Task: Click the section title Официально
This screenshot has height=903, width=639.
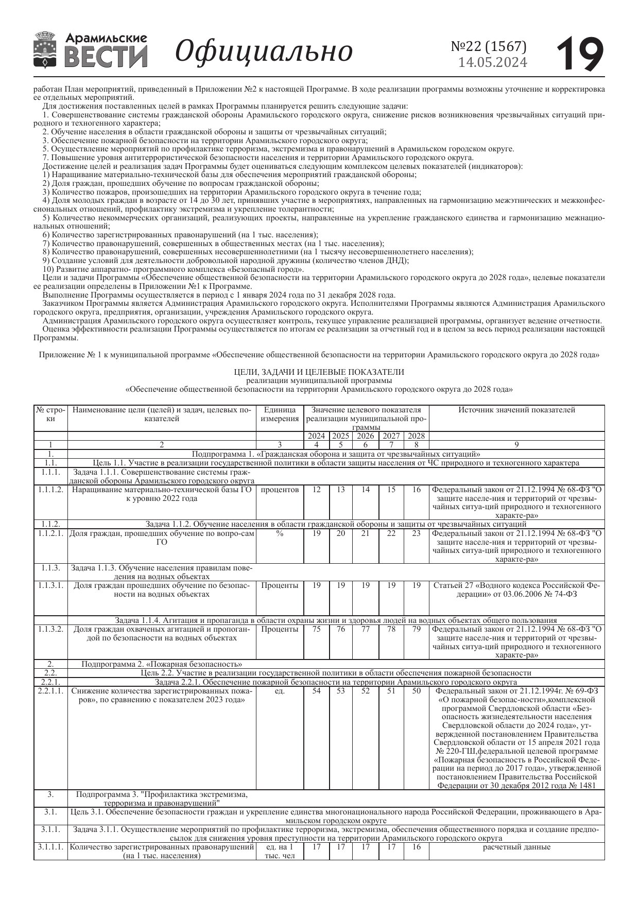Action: tap(264, 51)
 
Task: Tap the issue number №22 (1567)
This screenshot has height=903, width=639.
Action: tap(489, 46)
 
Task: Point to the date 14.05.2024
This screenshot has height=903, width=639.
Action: tap(493, 62)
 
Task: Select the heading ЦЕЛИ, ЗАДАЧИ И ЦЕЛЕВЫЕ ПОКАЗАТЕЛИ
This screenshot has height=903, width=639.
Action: tap(319, 372)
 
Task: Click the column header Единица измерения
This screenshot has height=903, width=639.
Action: tap(280, 414)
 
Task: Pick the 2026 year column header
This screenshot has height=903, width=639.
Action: tap(365, 436)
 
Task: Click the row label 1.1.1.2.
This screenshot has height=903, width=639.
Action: tap(50, 490)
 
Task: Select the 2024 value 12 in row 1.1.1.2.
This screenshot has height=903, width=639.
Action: tap(317, 490)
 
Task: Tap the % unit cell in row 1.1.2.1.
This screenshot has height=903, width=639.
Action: tap(280, 533)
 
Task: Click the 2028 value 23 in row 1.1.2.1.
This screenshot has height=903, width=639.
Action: tap(416, 533)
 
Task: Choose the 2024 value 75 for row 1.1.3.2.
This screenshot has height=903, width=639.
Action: tap(317, 629)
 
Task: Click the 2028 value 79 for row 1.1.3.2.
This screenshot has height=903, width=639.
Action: tap(416, 629)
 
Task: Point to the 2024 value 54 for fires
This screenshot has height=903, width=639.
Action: tap(317, 691)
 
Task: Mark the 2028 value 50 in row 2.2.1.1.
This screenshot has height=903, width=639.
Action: tap(416, 691)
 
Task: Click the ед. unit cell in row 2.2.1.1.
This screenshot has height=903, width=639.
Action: tap(280, 691)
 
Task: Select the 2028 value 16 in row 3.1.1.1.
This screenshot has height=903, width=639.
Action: tap(416, 847)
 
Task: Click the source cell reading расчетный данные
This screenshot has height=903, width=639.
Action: tap(516, 847)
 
